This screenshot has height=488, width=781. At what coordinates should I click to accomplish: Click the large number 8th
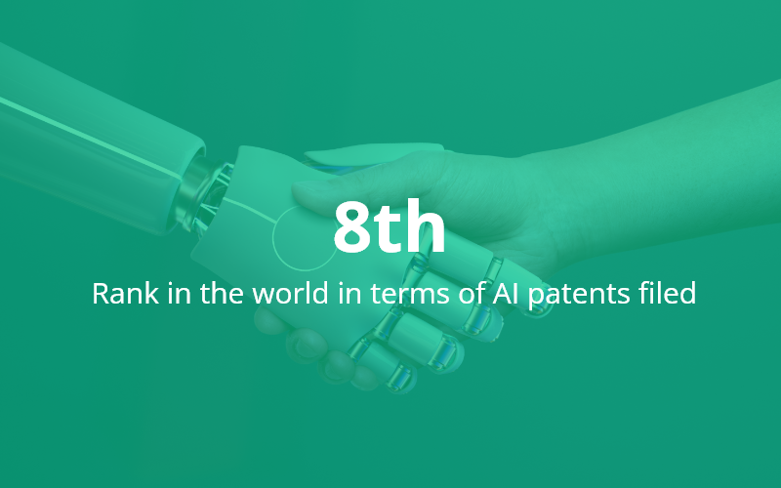pyautogui.click(x=390, y=226)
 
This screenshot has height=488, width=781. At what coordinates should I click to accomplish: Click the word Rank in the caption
pyautogui.click(x=126, y=293)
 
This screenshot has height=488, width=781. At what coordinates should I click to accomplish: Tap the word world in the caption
pyautogui.click(x=290, y=293)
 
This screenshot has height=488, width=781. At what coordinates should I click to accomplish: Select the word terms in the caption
pyautogui.click(x=410, y=294)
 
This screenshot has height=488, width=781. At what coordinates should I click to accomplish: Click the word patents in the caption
pyautogui.click(x=579, y=295)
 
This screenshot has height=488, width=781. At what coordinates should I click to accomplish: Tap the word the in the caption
pyautogui.click(x=223, y=293)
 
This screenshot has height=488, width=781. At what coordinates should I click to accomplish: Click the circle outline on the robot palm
pyautogui.click(x=273, y=239)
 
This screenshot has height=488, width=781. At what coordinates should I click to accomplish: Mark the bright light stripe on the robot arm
pyautogui.click(x=90, y=136)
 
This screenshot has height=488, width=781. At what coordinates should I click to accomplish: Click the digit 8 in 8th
pyautogui.click(x=352, y=226)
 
